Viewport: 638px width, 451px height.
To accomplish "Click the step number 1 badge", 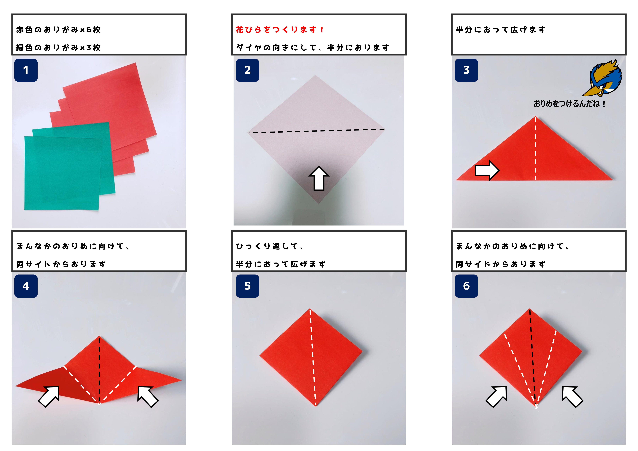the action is [x=26, y=70].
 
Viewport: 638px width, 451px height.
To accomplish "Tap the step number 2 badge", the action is [x=247, y=70].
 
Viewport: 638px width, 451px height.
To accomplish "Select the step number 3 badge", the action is [x=466, y=70].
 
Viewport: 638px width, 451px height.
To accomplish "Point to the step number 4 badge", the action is [x=26, y=286].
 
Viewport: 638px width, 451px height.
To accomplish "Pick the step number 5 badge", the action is [x=247, y=286].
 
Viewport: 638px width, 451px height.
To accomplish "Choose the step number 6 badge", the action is [x=466, y=286].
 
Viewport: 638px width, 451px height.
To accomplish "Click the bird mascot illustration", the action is [x=602, y=78].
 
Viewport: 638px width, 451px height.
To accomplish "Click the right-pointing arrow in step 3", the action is [x=487, y=170].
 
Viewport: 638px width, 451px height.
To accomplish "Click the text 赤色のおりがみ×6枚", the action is [x=58, y=29].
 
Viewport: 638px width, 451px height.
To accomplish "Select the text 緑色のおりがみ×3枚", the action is [x=58, y=47].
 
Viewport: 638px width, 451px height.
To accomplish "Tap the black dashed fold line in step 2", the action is [x=316, y=131].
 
